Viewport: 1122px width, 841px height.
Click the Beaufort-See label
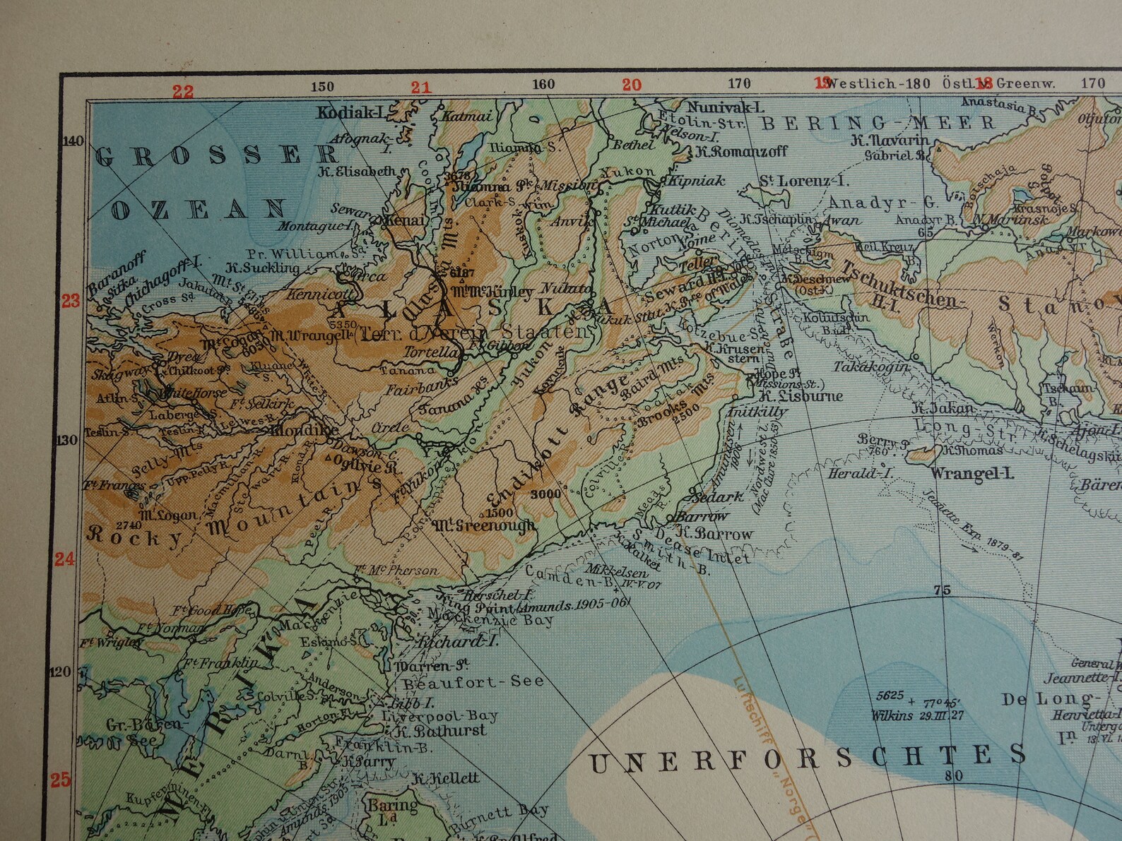pos(473,681)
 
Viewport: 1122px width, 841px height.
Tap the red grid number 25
pos(61,780)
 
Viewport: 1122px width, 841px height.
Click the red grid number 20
pos(631,85)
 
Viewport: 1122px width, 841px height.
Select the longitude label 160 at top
pos(543,85)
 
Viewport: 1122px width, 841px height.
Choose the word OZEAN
pos(199,209)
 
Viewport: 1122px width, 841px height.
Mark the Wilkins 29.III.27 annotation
pos(890,715)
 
